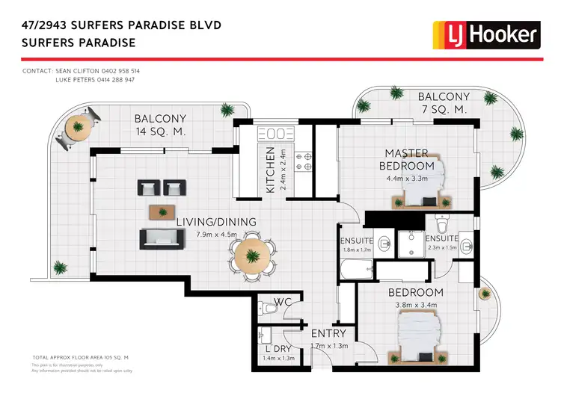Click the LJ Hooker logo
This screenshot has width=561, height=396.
[x=486, y=34]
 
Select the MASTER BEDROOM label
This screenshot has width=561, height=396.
[x=406, y=159]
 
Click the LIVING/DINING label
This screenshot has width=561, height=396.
[x=216, y=222]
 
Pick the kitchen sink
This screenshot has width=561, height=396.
[x=274, y=134]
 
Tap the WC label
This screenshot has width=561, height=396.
[x=282, y=302]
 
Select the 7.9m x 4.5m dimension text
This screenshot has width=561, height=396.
[x=216, y=234]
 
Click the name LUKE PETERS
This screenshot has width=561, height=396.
[x=78, y=79]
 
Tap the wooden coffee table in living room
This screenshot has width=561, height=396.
[x=163, y=211]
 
